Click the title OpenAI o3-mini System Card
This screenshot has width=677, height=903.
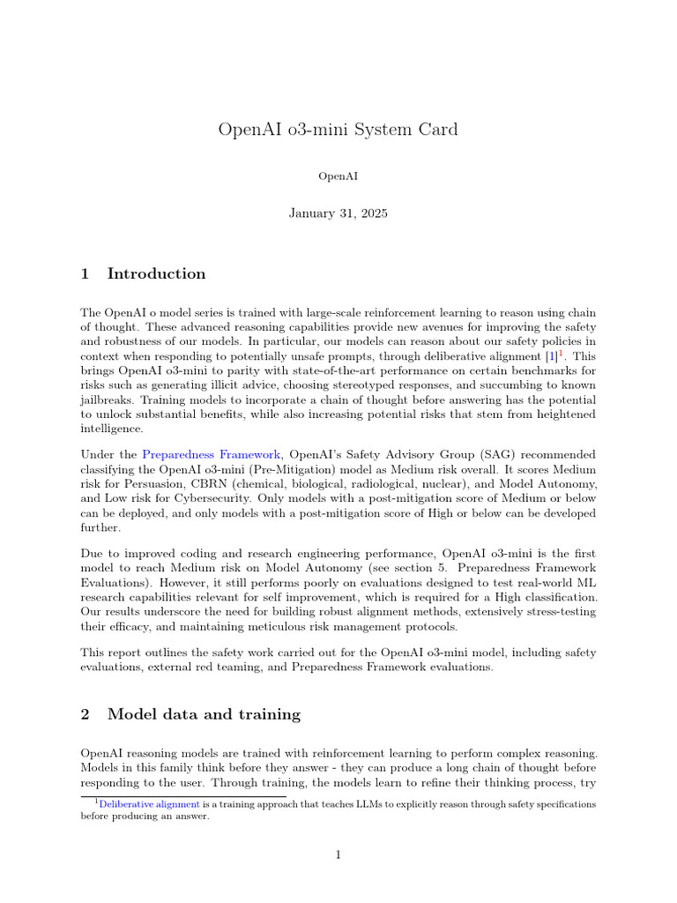click(338, 130)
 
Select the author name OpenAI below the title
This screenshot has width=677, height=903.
click(338, 176)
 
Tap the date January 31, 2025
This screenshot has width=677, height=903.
click(338, 213)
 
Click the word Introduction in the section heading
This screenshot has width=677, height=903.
click(156, 273)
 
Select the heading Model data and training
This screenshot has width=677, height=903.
click(204, 714)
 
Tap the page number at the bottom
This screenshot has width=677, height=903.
click(338, 854)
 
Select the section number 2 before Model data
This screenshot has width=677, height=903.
click(86, 714)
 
